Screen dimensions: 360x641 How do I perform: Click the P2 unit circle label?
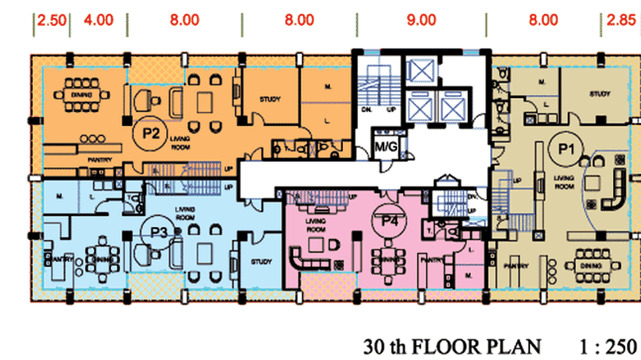(151, 133)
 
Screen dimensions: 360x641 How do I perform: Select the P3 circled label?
(159, 233)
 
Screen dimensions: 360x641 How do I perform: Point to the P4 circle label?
(389, 221)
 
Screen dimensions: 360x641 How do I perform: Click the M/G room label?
(386, 147)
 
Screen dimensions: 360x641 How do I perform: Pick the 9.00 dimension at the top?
(422, 20)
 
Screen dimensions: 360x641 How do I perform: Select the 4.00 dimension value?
(98, 20)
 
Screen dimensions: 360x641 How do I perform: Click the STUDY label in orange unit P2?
(270, 99)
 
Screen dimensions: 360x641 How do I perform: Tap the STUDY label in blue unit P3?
(261, 262)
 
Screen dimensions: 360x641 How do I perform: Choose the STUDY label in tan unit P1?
(599, 94)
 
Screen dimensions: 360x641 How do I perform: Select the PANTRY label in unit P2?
(100, 160)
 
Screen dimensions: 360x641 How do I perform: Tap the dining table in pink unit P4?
(387, 258)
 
